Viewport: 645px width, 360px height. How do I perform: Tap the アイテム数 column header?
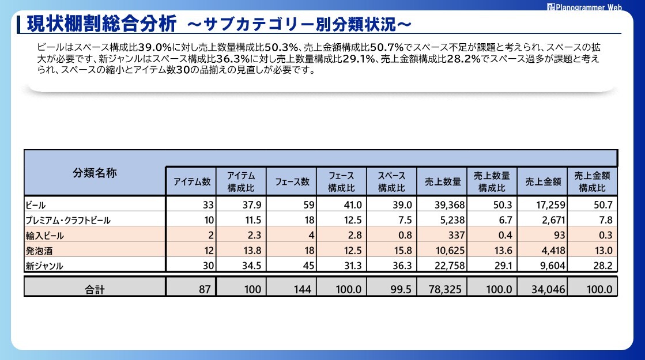(192, 182)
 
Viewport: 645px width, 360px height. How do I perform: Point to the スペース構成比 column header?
(392, 182)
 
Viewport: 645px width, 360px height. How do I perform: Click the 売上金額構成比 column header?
(593, 182)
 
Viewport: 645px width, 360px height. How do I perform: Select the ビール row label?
(36, 205)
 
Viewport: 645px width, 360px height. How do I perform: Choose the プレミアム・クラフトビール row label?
(68, 220)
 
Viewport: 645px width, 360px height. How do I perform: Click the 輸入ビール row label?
(45, 235)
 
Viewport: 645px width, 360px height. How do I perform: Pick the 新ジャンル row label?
(44, 265)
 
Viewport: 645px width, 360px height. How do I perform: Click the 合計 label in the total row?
(95, 289)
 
